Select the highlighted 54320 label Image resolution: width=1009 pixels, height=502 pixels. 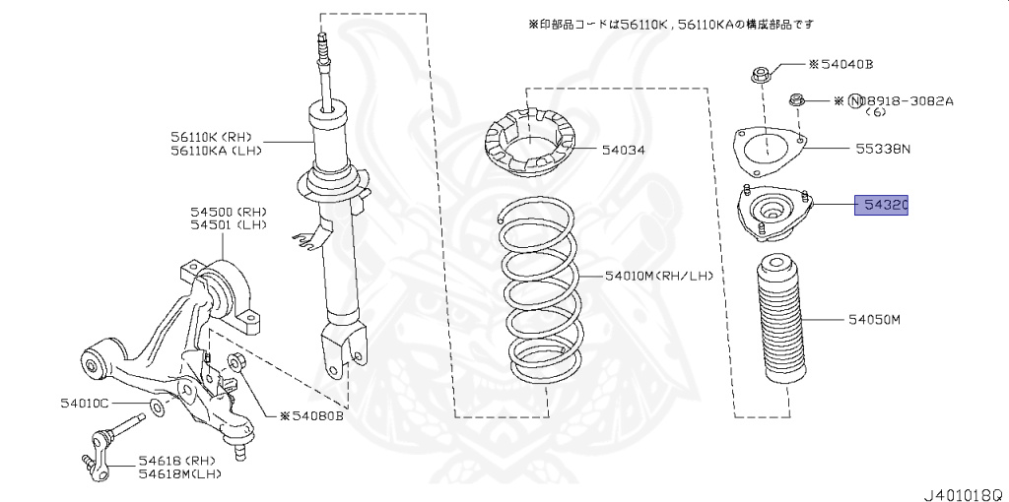(882, 205)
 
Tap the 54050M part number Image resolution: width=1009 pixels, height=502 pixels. (875, 320)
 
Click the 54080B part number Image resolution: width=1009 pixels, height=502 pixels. (316, 416)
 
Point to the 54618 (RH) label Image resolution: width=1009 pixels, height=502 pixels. (175, 461)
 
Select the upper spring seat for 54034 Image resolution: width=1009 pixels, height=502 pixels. (531, 148)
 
